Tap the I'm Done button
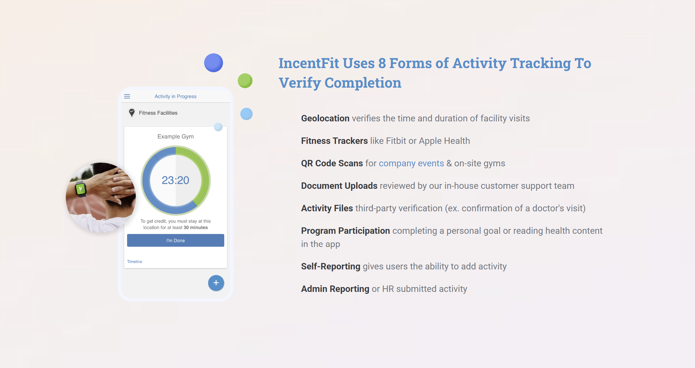(176, 241)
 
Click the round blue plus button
(216, 283)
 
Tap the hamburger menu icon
(127, 96)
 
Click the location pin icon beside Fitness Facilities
(132, 113)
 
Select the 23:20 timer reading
(176, 180)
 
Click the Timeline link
(134, 262)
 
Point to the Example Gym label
(176, 136)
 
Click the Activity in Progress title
(176, 96)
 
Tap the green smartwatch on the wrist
(81, 188)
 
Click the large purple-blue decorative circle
(213, 63)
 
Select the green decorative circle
(245, 81)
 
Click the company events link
(411, 163)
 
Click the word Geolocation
(325, 118)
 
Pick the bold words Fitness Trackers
(334, 141)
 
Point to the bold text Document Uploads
(339, 186)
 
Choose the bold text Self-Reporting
(330, 267)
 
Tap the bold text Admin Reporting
(335, 289)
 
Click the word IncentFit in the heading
(309, 63)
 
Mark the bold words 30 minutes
(196, 228)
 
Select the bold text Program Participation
(345, 231)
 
